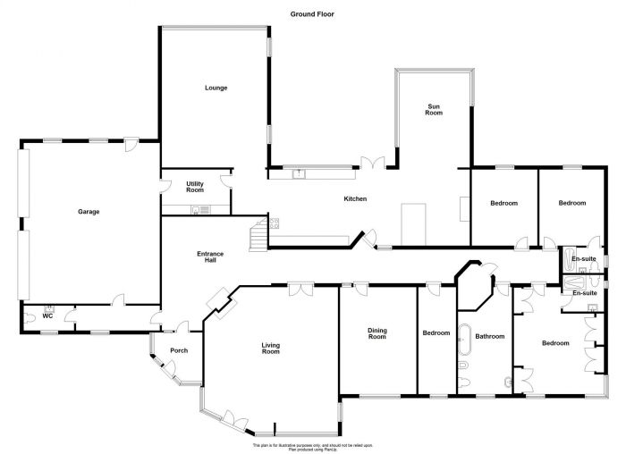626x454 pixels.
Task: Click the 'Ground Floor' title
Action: pos(312,14)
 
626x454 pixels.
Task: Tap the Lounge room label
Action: pos(216,88)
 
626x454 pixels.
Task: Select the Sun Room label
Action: pos(434,109)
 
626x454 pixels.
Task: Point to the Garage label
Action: pos(88,212)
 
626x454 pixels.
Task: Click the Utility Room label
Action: pos(195,187)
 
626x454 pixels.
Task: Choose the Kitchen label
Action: pos(356,198)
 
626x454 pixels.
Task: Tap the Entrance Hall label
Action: pos(210,257)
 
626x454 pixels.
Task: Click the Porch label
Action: pos(178,350)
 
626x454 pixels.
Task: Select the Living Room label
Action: pos(270,348)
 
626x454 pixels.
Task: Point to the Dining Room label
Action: pos(377,334)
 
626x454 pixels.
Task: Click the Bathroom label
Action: pos(490,337)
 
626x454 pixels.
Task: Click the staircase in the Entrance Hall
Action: pos(258,237)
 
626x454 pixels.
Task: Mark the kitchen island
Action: pos(414,223)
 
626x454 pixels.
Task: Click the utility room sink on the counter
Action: pos(203,210)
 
